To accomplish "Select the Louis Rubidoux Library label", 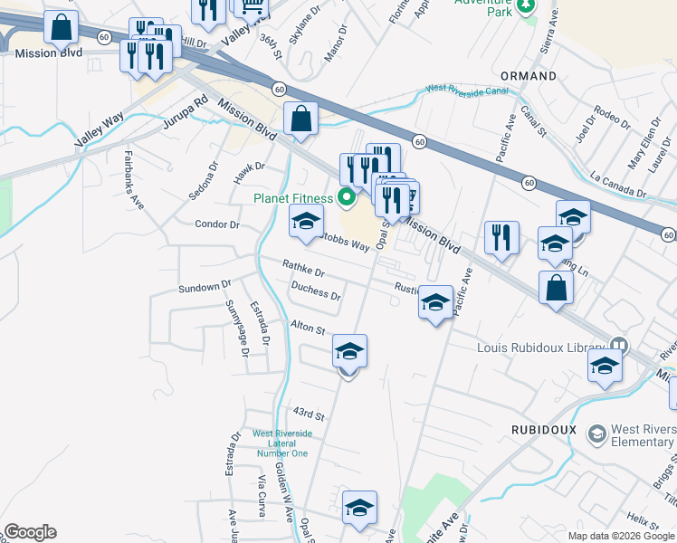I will click(542, 347).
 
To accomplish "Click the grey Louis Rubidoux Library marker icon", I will click(619, 346).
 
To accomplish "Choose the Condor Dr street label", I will click(217, 224).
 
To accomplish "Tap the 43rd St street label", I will click(308, 414).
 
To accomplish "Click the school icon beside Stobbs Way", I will click(306, 222).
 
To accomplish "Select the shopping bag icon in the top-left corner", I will click(62, 28).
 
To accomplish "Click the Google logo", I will click(30, 532).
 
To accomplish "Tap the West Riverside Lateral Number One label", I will click(281, 443).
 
